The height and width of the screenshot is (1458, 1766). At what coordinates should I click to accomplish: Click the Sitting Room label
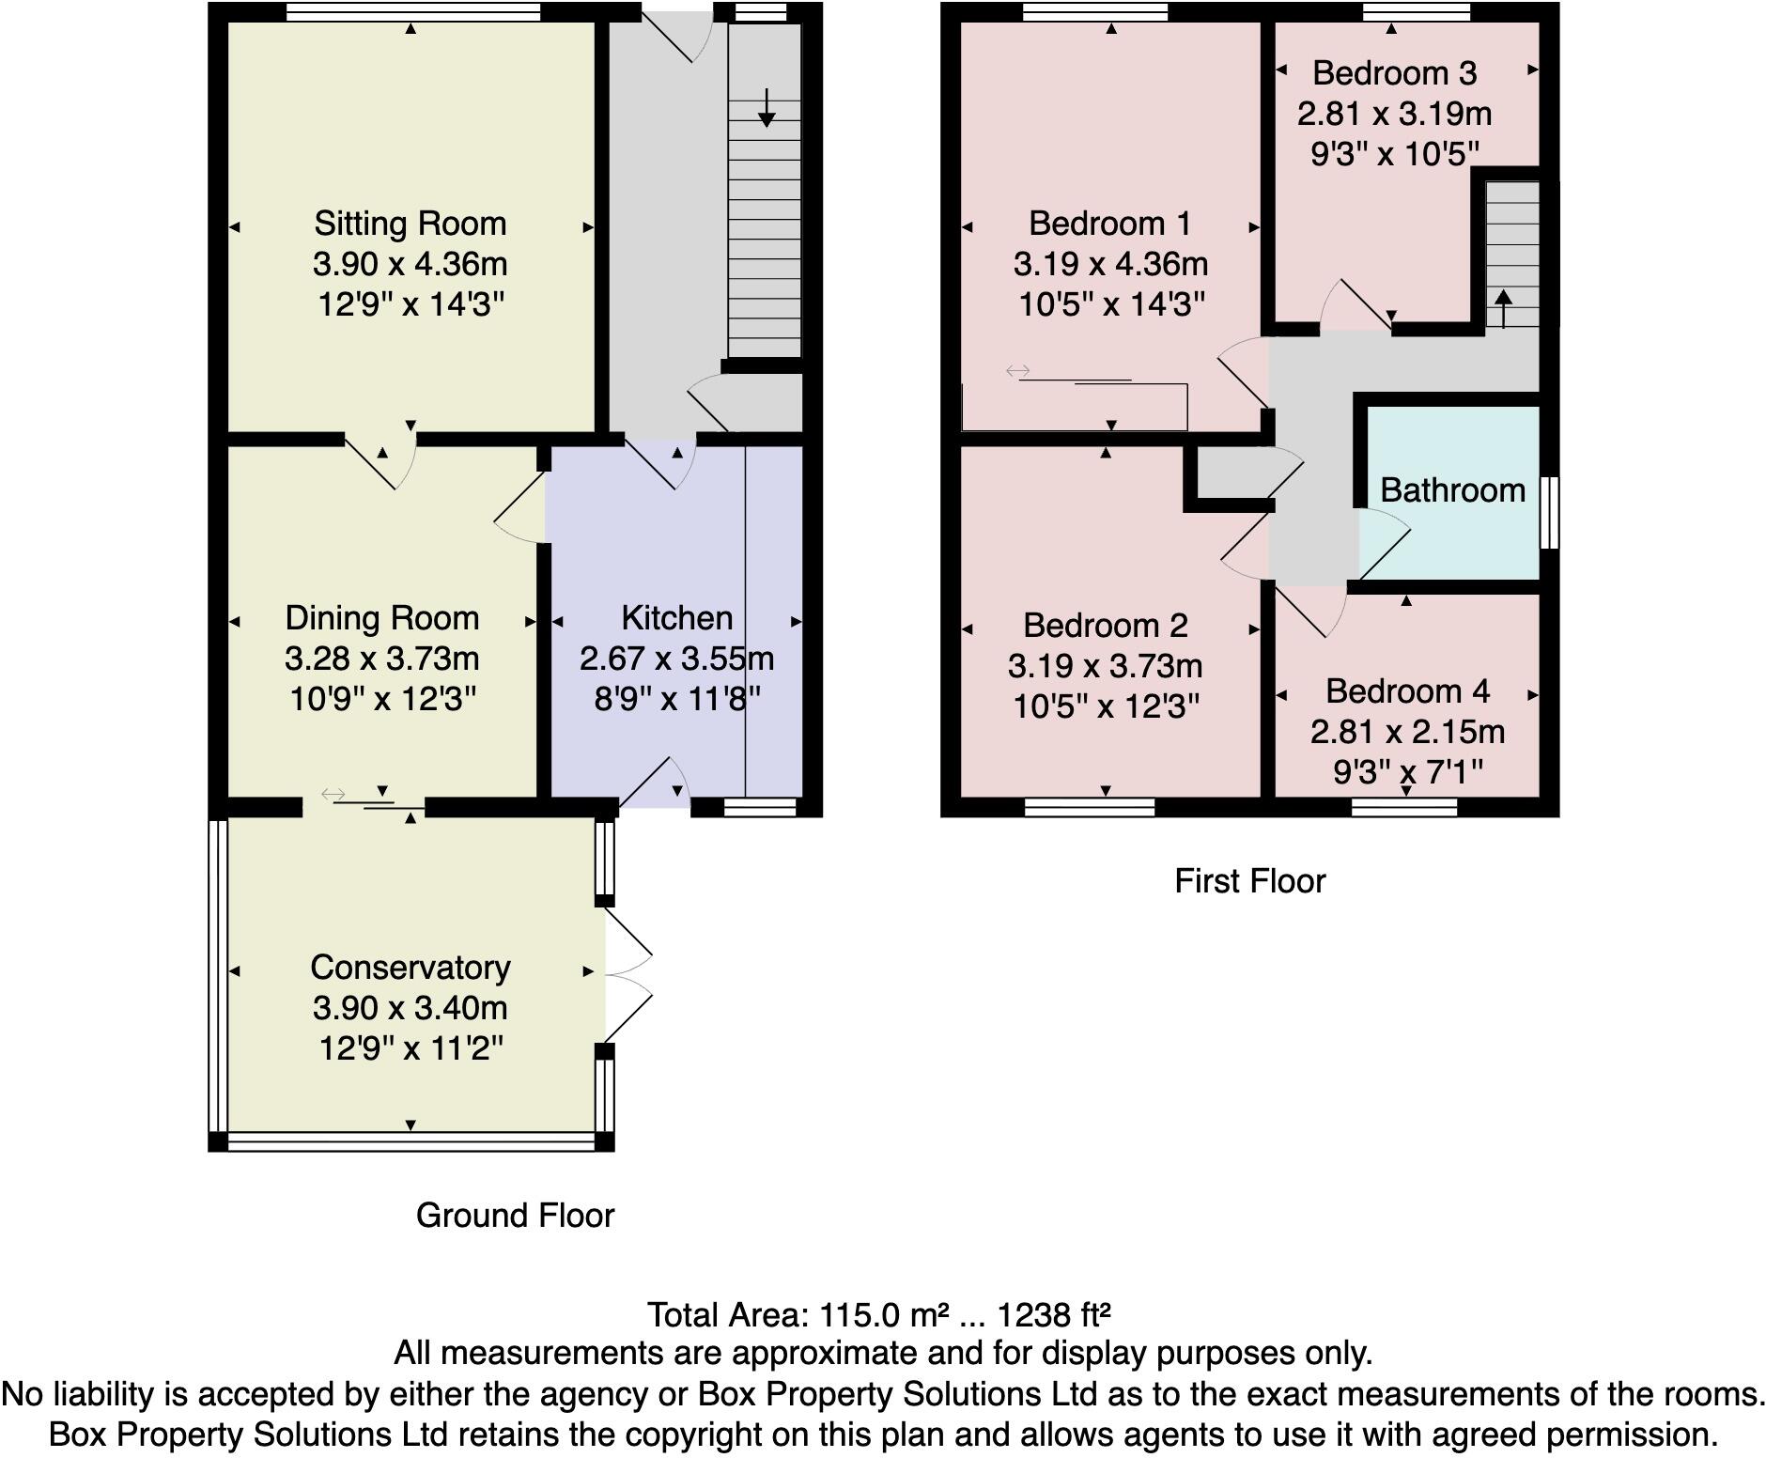coord(410,224)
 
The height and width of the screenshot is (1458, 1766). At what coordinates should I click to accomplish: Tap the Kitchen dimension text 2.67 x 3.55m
coord(676,659)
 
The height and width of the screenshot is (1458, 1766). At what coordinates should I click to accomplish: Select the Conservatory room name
coord(411,967)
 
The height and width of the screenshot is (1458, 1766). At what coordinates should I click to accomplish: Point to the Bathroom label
coord(1452,489)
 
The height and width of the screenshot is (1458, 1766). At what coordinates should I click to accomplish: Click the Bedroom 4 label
coord(1407,691)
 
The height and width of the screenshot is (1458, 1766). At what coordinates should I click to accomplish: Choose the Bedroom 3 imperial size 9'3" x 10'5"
coord(1394,153)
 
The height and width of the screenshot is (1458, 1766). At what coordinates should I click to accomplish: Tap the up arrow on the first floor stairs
coord(1504,307)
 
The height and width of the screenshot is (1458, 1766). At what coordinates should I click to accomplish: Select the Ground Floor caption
coord(515,1216)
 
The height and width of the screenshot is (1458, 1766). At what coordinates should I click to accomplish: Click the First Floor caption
coord(1249,881)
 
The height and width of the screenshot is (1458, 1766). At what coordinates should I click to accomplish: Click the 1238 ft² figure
coord(1054,1314)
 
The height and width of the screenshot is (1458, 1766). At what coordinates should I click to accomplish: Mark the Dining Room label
coord(381,618)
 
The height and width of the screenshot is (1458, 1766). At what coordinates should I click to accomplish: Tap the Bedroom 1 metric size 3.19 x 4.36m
coord(1110,264)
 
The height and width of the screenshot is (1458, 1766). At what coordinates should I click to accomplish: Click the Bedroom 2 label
coord(1106,626)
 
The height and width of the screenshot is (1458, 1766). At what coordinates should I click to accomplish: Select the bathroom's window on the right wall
coord(1551,512)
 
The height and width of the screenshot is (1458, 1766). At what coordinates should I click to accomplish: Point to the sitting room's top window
coord(412,12)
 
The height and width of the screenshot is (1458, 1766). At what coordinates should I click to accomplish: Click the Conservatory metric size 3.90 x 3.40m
coord(411,1008)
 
